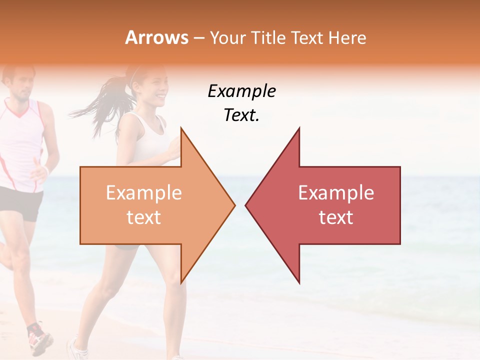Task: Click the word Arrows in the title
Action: tap(157, 37)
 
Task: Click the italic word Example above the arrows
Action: tap(241, 92)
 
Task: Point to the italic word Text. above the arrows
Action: tap(241, 115)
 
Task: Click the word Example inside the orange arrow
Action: tap(143, 193)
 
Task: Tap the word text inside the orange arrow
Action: tap(143, 217)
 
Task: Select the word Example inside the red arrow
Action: tap(336, 193)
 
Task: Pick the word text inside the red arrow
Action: tap(336, 217)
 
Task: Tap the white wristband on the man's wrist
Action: tap(46, 170)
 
